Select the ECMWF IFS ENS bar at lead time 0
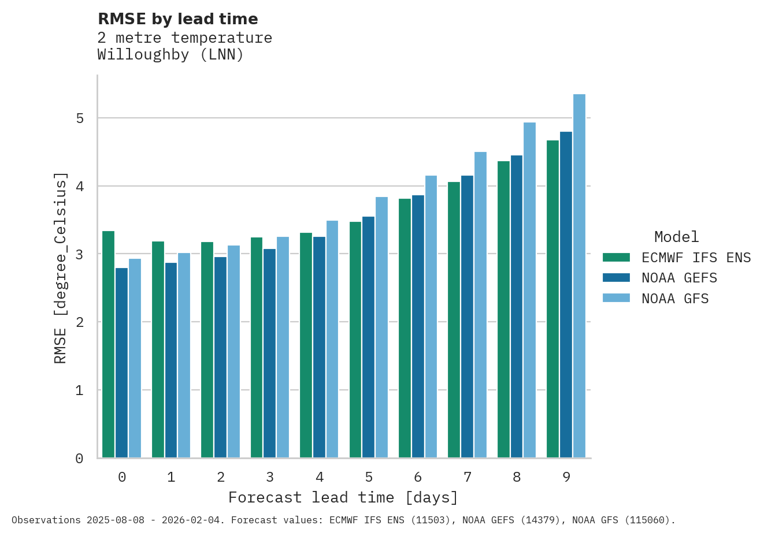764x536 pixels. (108, 344)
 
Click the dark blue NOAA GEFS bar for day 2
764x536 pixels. (220, 358)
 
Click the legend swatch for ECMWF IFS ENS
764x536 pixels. (616, 258)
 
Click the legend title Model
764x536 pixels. (676, 237)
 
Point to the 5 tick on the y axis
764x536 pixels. (80, 118)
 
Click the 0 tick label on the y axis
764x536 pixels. (80, 459)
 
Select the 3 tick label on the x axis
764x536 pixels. (270, 477)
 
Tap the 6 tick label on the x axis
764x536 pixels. (418, 477)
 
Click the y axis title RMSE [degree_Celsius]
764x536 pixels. (61, 267)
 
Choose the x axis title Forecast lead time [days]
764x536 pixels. (343, 497)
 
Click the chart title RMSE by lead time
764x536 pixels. (178, 19)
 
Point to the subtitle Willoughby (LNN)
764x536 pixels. (170, 55)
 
